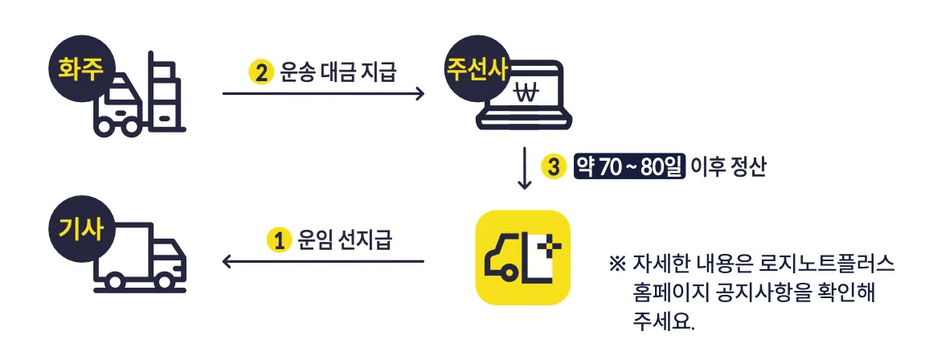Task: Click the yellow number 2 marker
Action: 261,72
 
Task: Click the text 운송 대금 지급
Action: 338,72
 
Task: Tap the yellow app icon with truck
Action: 522,257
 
